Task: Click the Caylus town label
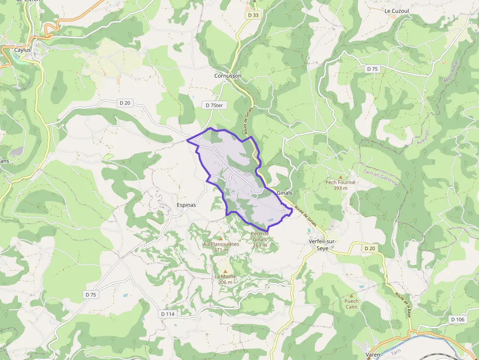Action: [22, 50]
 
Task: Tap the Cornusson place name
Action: [228, 76]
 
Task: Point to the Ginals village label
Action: [284, 192]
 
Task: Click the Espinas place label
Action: [186, 205]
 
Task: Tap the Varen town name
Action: [373, 355]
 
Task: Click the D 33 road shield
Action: [253, 15]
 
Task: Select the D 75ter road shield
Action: [214, 105]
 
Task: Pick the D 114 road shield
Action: [167, 314]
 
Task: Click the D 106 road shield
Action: [457, 319]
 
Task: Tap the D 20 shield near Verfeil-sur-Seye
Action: [370, 249]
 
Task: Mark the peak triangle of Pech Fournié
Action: [341, 177]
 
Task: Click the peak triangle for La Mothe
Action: [225, 271]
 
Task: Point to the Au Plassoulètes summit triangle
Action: [220, 238]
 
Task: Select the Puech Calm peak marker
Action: [351, 296]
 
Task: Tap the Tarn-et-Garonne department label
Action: [381, 177]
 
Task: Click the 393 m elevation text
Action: [340, 188]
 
